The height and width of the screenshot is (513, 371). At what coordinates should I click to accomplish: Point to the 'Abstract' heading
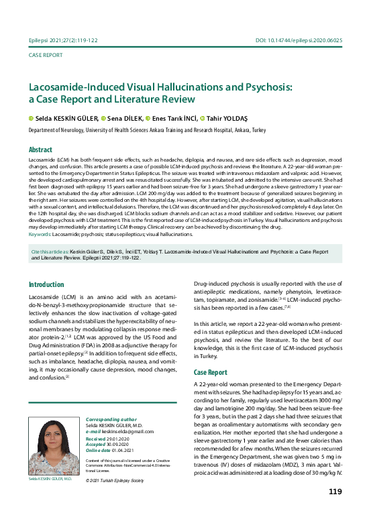[x=41, y=150]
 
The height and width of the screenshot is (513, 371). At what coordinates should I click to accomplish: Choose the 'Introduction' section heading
[x=46, y=284]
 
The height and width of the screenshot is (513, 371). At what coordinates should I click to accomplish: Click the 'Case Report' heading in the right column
[x=210, y=372]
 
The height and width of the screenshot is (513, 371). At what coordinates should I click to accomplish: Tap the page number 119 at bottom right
[x=335, y=492]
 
